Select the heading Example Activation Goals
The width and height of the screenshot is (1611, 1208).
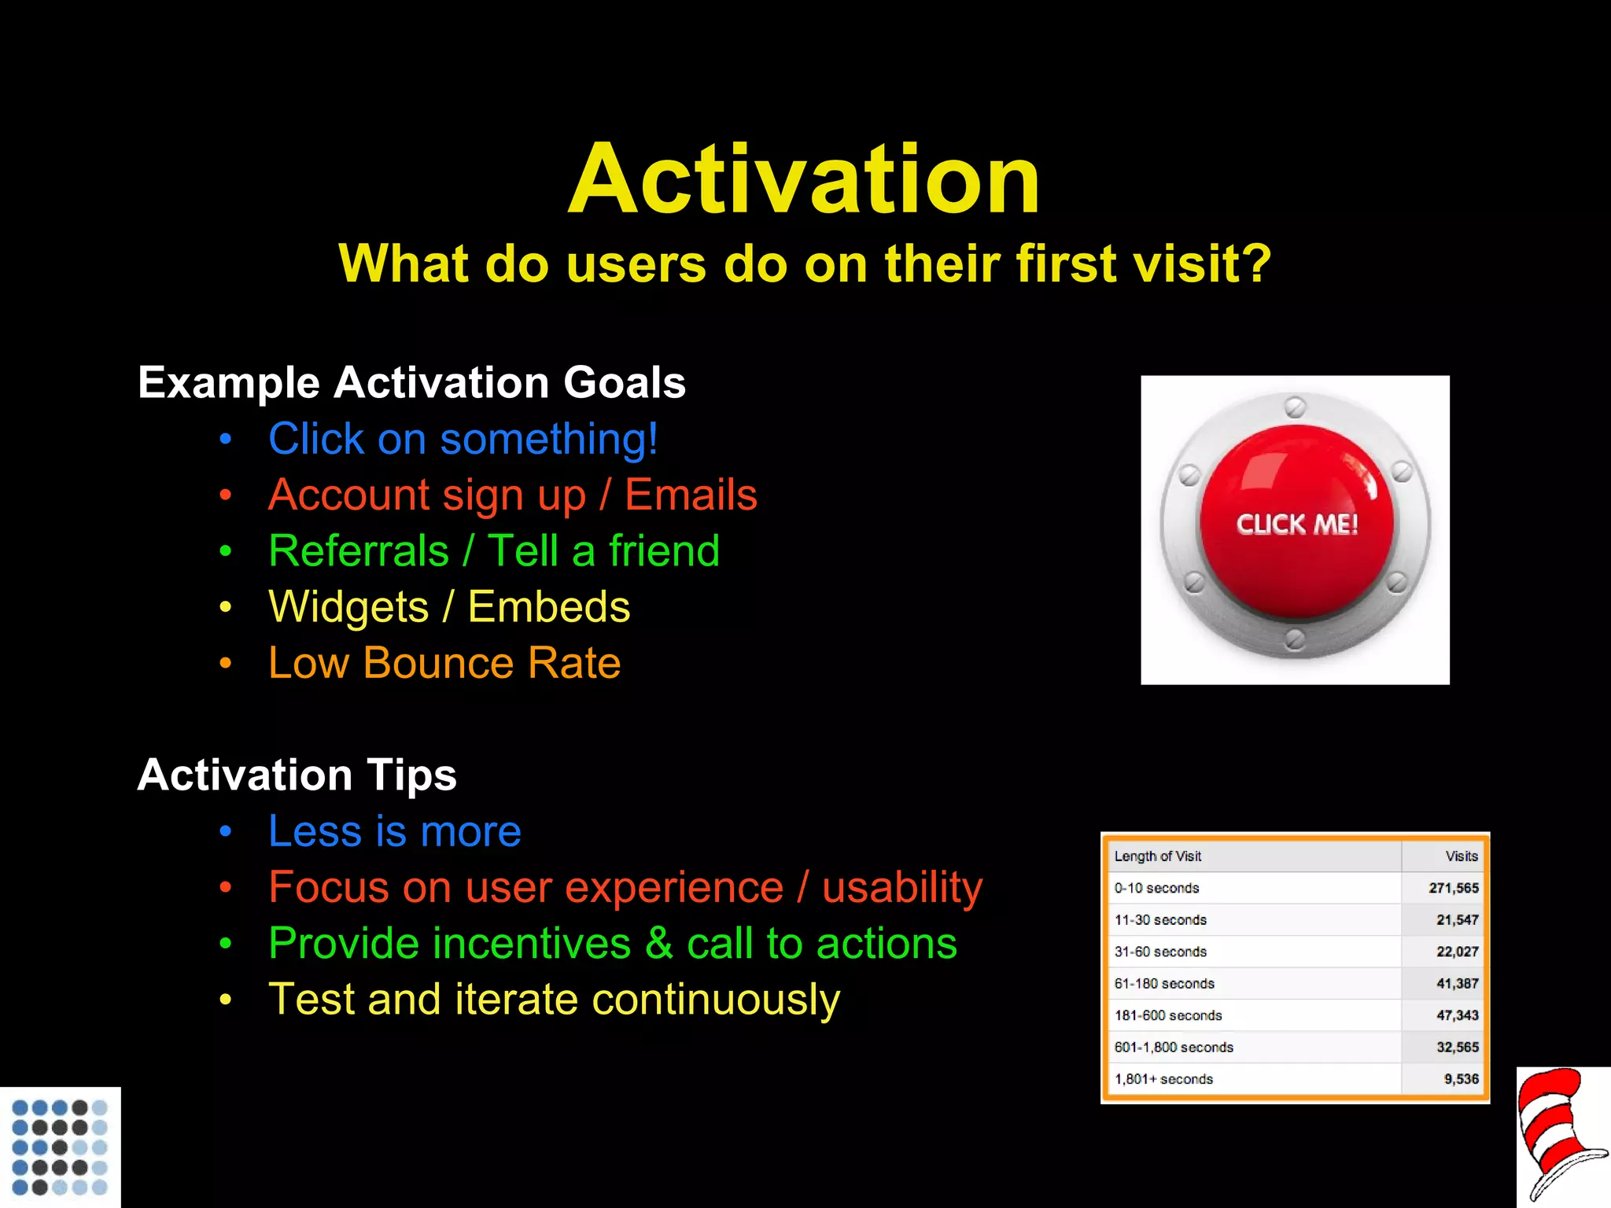[x=411, y=383]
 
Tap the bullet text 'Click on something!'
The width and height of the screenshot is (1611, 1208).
[x=463, y=439]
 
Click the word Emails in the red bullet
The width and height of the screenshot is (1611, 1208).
[x=691, y=495]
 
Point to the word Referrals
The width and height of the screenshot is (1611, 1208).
[x=359, y=551]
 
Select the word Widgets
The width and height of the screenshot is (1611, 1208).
[x=348, y=607]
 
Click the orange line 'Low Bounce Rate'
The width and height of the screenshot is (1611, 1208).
[x=444, y=663]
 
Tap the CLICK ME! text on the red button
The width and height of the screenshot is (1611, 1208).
[x=1297, y=525]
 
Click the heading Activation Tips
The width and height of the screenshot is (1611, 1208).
[x=297, y=775]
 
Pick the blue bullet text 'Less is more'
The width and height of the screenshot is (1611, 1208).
[x=394, y=831]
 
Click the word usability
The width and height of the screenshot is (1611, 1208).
[x=902, y=888]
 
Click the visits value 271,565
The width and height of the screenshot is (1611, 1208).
[x=1453, y=888]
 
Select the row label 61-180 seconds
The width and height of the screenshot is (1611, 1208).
[x=1163, y=984]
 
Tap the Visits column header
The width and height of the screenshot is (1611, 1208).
[x=1461, y=856]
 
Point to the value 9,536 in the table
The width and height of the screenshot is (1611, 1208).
[x=1461, y=1080]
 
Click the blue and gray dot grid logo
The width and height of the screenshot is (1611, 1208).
[x=60, y=1147]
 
